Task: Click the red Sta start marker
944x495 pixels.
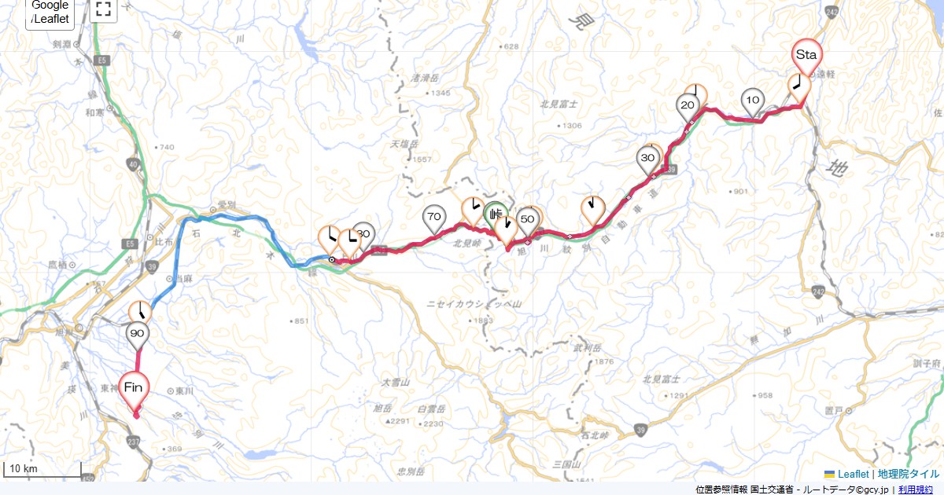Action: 806,55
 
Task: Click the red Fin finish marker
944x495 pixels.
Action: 133,387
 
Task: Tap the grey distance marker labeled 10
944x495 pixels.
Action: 753,101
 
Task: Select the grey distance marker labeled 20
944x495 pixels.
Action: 688,106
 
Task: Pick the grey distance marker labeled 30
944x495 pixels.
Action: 648,159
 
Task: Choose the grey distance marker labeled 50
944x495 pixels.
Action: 528,220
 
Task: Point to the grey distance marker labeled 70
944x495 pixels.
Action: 433,216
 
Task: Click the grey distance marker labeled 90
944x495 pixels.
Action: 138,334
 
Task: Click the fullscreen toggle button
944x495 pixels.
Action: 103,9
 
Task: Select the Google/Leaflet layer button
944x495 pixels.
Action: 50,12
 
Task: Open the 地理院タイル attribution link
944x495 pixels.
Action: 908,474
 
